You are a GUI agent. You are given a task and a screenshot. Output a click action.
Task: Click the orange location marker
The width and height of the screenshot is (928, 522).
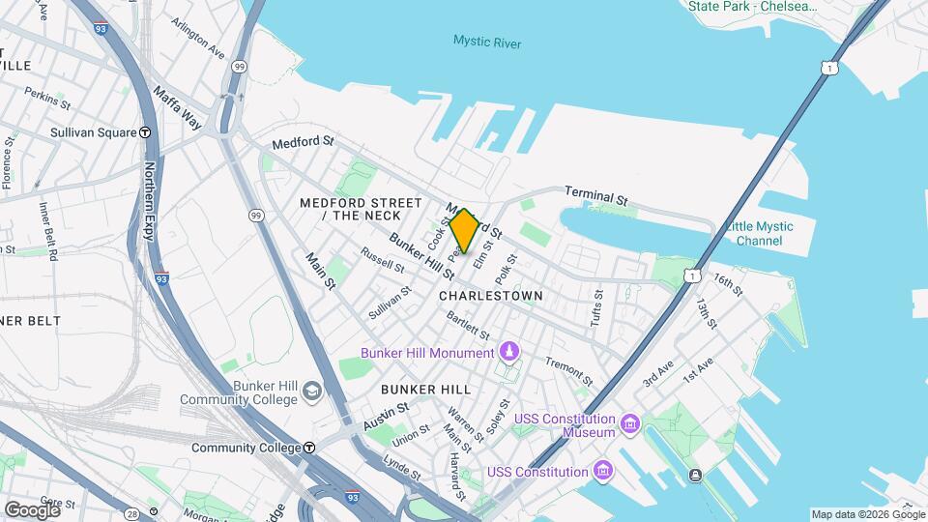(x=464, y=231)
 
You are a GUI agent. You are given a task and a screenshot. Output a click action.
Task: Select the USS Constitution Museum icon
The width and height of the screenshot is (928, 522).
(x=630, y=424)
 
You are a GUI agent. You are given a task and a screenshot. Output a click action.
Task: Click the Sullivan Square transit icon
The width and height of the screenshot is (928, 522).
(x=145, y=132)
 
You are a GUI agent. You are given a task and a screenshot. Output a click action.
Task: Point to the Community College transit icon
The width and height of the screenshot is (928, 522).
(x=309, y=448)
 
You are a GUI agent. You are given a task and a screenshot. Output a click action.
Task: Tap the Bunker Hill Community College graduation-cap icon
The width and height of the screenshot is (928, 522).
(x=312, y=391)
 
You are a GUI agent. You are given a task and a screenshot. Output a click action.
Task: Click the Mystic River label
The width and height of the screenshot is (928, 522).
(x=487, y=43)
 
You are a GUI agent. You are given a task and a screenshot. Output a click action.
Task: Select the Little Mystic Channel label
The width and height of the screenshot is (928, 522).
(x=759, y=233)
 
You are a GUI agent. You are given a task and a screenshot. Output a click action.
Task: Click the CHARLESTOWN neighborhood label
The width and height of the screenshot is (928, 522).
(x=491, y=295)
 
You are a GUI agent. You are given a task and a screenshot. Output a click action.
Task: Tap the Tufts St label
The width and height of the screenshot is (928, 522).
(x=596, y=307)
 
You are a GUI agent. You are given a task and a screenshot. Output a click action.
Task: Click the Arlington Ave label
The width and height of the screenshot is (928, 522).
(x=197, y=38)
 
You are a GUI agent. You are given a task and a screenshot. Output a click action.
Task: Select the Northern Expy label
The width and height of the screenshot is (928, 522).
(x=150, y=200)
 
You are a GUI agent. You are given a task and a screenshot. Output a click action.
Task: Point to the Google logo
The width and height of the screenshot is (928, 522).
(x=32, y=509)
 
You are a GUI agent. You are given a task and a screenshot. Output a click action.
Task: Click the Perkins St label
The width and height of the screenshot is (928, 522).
(x=47, y=98)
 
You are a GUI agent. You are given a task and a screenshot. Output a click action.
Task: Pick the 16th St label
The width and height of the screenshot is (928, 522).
(x=727, y=284)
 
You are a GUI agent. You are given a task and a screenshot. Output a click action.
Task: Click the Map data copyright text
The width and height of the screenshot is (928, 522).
(x=867, y=514)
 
